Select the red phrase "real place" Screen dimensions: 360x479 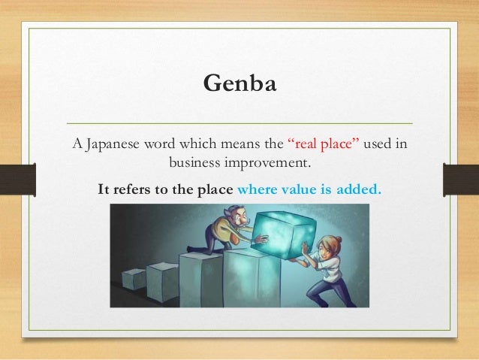(318, 144)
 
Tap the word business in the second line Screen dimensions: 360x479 (195, 162)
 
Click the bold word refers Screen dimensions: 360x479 (131, 189)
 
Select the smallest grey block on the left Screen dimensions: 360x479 (134, 279)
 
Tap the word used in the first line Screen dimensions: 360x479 (376, 144)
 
